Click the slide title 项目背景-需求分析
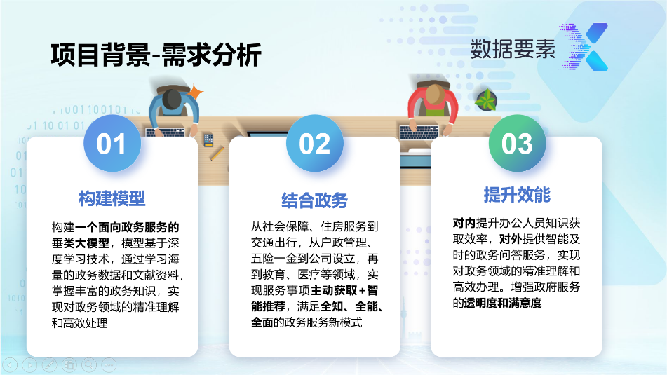click(156, 55)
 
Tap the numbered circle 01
click(112, 143)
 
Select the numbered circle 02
click(314, 143)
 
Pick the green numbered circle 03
click(517, 143)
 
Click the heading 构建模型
click(112, 198)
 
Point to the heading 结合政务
click(314, 200)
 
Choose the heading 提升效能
click(517, 195)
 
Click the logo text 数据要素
click(513, 49)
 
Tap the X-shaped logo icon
click(584, 47)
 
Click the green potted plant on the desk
click(486, 100)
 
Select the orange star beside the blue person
click(196, 93)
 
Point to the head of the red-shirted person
click(435, 94)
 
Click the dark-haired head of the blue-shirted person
click(173, 99)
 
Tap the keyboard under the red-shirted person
click(419, 132)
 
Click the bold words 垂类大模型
click(81, 243)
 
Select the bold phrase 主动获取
click(334, 290)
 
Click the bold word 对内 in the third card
click(464, 223)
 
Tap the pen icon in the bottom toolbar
click(49, 364)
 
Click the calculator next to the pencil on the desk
click(208, 140)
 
